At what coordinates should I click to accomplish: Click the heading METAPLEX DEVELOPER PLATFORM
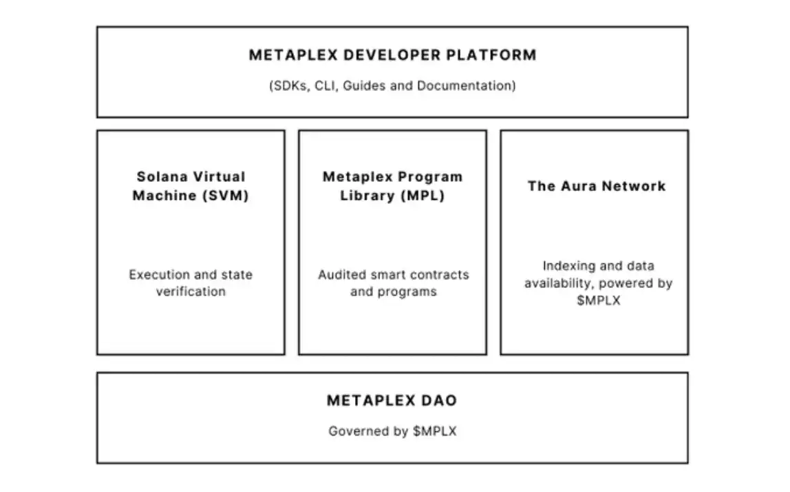(392, 55)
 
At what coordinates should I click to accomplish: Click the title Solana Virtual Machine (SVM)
(191, 187)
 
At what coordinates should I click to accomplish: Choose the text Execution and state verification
(191, 283)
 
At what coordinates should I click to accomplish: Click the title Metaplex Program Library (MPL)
(392, 187)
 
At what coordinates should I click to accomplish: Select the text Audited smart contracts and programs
(393, 283)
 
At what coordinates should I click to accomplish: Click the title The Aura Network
(597, 186)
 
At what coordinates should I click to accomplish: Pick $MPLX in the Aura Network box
(599, 300)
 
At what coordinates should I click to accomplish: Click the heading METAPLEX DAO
(392, 400)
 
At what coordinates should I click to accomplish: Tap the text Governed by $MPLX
(392, 431)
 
